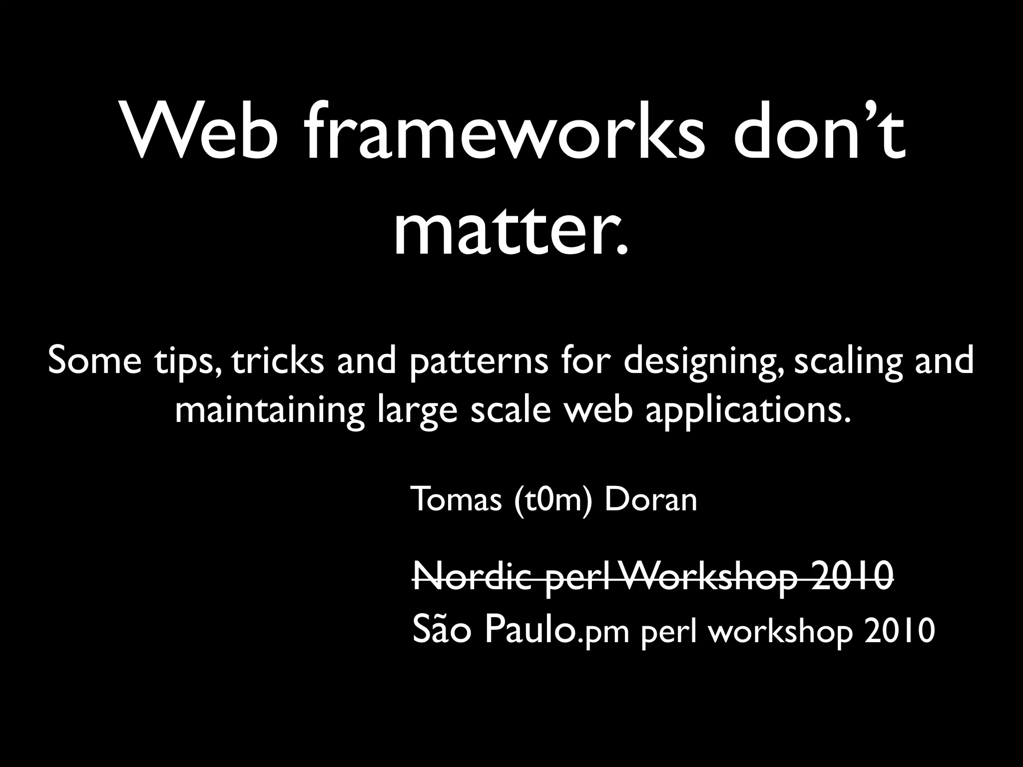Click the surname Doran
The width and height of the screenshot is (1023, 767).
[650, 500]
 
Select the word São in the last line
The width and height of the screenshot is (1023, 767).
[442, 630]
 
